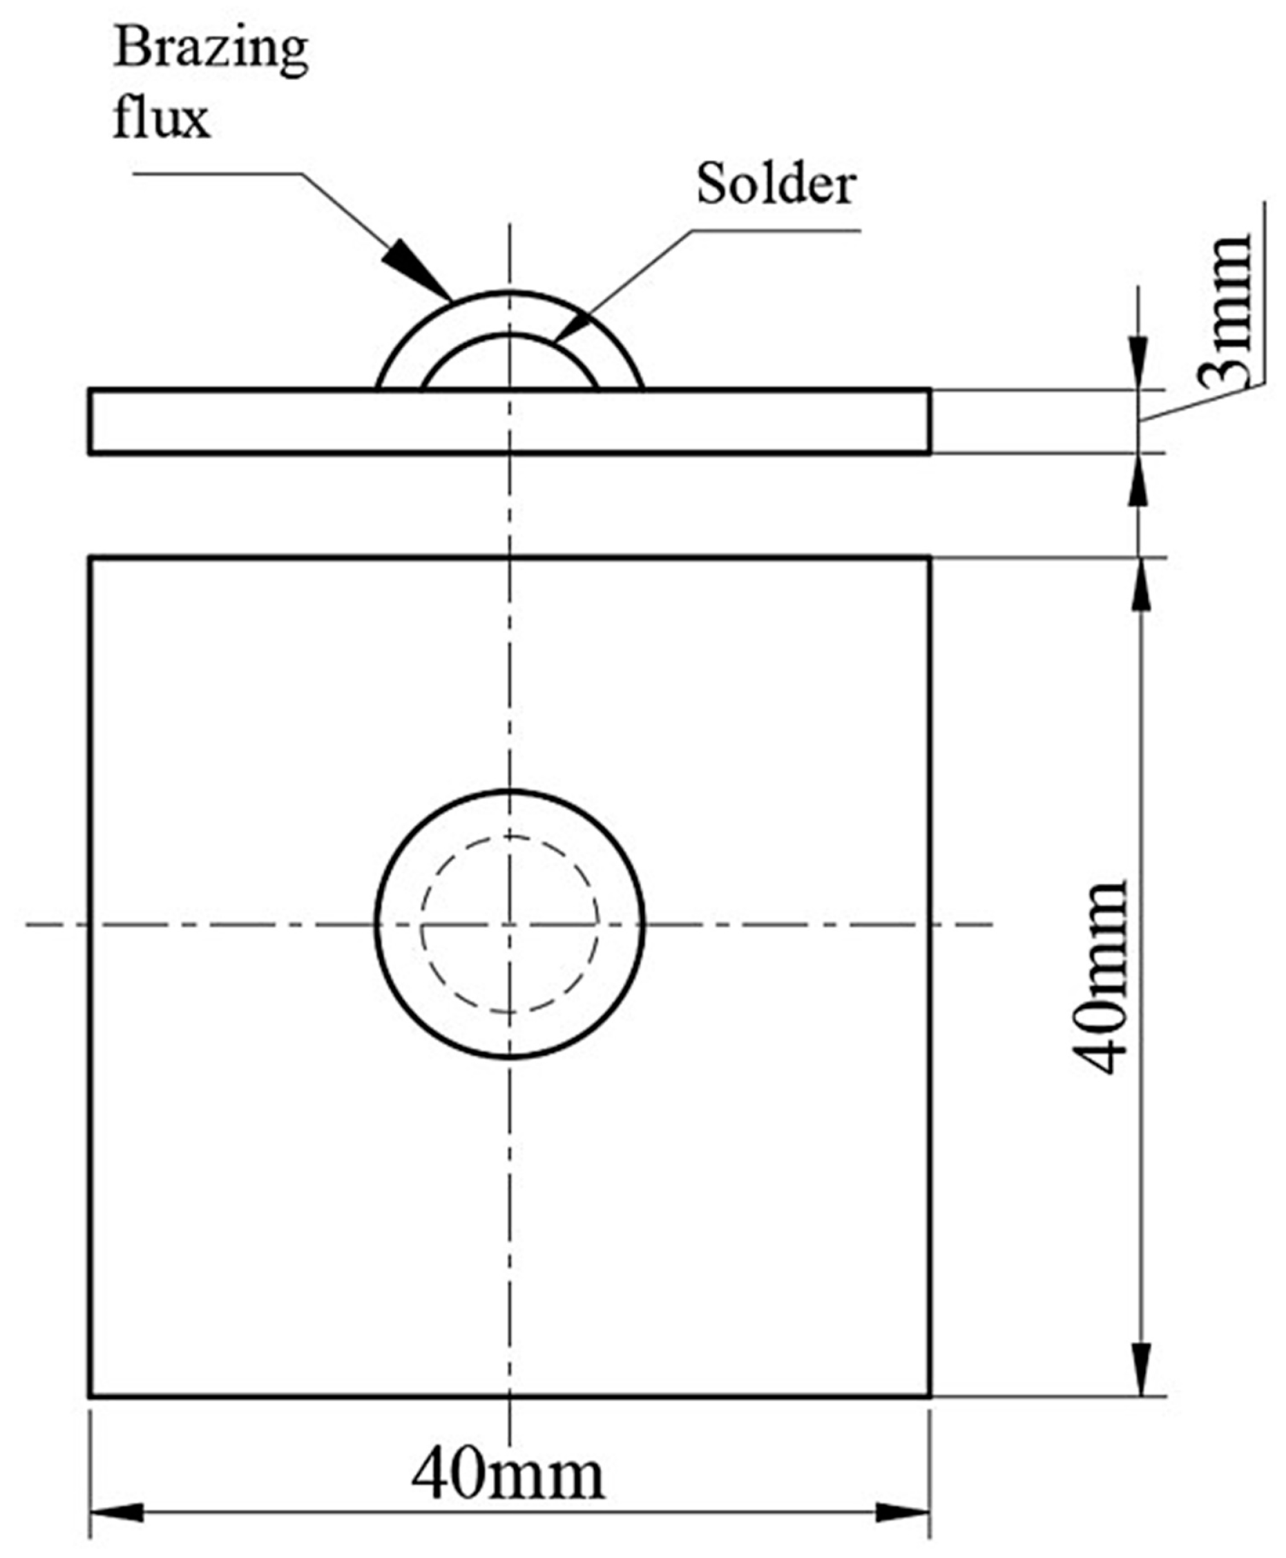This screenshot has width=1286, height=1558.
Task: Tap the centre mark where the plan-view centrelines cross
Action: click(x=510, y=925)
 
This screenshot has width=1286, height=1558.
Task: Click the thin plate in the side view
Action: click(x=296, y=421)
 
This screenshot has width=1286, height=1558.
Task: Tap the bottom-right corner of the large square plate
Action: click(x=930, y=1396)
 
